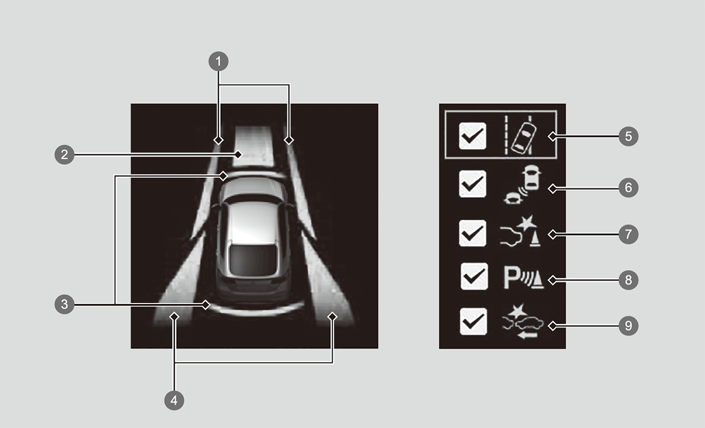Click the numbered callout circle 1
pyautogui.click(x=219, y=61)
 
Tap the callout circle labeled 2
pyautogui.click(x=65, y=154)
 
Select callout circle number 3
pyautogui.click(x=65, y=304)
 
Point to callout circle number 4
pyautogui.click(x=174, y=400)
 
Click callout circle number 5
pyautogui.click(x=628, y=136)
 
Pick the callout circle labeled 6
pyautogui.click(x=628, y=188)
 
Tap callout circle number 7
pyautogui.click(x=628, y=234)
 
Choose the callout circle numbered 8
pyautogui.click(x=628, y=280)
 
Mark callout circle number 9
pyautogui.click(x=628, y=326)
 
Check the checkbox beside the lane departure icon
pyautogui.click(x=472, y=136)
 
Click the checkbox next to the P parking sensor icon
pyautogui.click(x=474, y=277)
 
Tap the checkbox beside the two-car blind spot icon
pyautogui.click(x=472, y=184)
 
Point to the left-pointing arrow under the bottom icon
pyautogui.click(x=527, y=336)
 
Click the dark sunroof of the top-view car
pyautogui.click(x=254, y=260)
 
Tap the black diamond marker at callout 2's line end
pyautogui.click(x=239, y=154)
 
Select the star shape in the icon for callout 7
pyautogui.click(x=527, y=223)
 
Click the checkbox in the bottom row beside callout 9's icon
pyautogui.click(x=474, y=321)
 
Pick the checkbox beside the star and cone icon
pyautogui.click(x=472, y=233)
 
